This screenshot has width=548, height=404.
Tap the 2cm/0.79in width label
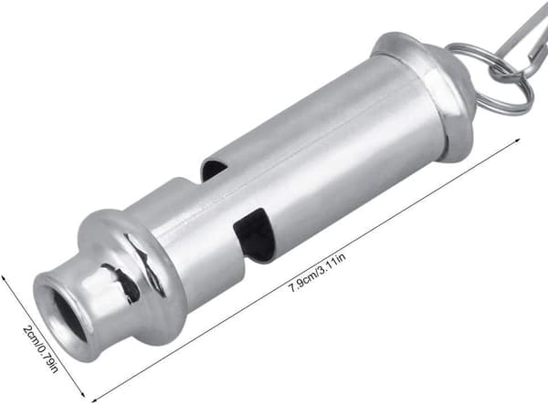pyautogui.click(x=41, y=349)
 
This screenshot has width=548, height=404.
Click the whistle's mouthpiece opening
pyautogui.click(x=68, y=316)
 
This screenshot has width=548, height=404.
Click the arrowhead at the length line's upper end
pyautogui.click(x=518, y=140)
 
